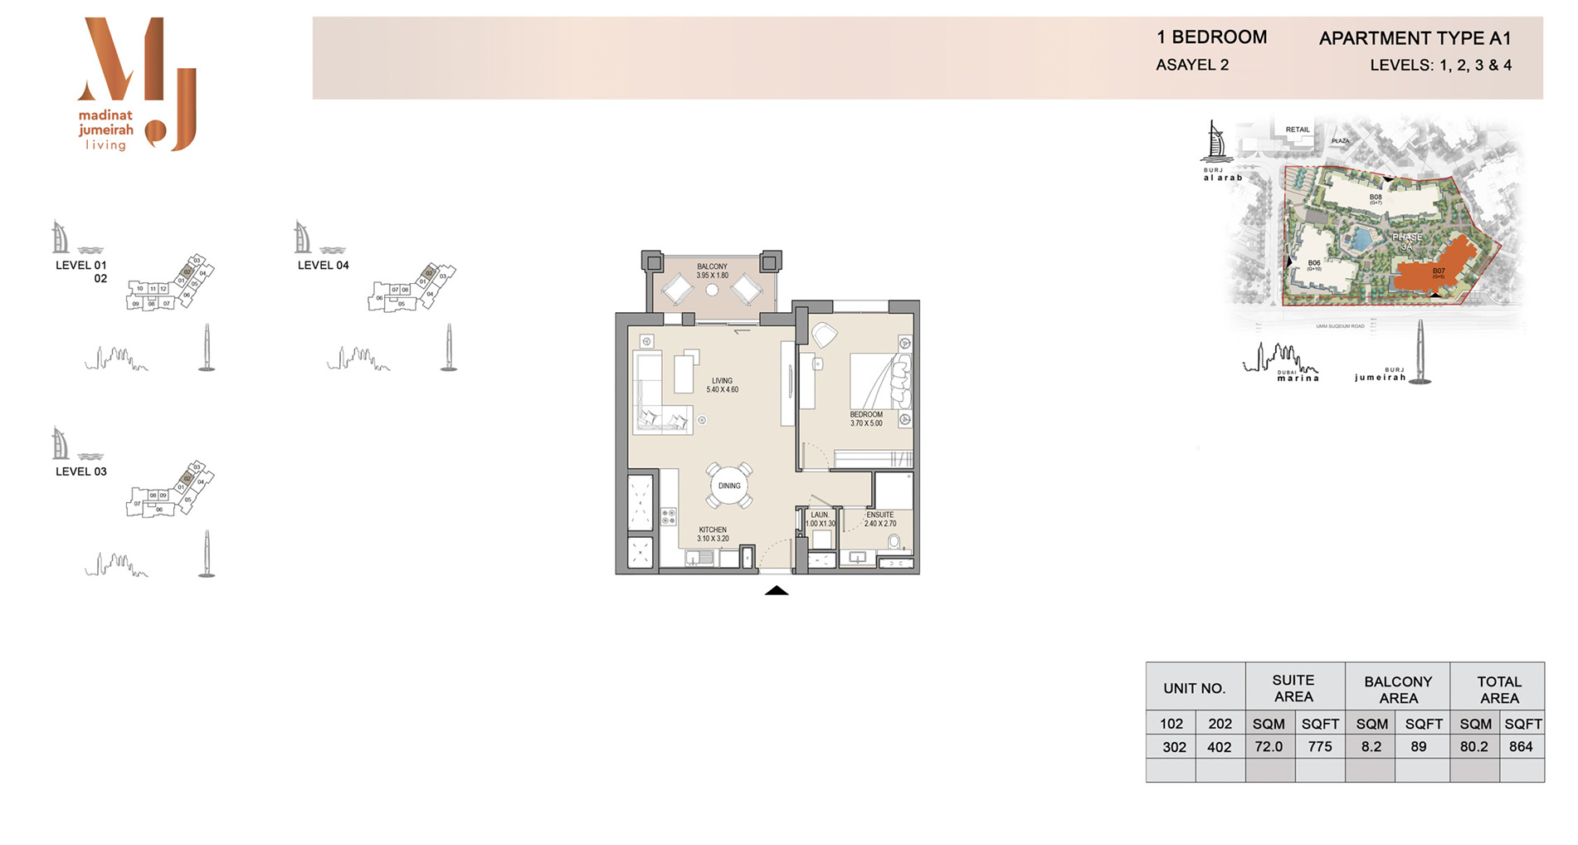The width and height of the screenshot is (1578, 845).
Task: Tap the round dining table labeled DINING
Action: pyautogui.click(x=729, y=486)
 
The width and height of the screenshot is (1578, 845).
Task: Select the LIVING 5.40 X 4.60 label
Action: pyautogui.click(x=722, y=385)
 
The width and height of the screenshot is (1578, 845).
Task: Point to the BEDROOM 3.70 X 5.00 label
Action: pyautogui.click(x=866, y=419)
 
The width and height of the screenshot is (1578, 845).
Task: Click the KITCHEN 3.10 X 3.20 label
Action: pyautogui.click(x=713, y=534)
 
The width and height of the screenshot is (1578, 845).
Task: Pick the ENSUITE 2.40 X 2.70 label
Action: pyautogui.click(x=879, y=519)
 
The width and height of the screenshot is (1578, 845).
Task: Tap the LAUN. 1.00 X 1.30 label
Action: pyautogui.click(x=820, y=519)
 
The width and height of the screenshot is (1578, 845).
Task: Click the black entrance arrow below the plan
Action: pyautogui.click(x=777, y=591)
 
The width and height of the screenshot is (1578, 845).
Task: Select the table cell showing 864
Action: pyautogui.click(x=1521, y=746)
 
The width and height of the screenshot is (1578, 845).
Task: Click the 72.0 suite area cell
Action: pyautogui.click(x=1269, y=746)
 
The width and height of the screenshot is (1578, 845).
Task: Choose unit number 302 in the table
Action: pyautogui.click(x=1173, y=747)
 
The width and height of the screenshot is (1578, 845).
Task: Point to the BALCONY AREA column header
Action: pyautogui.click(x=1398, y=689)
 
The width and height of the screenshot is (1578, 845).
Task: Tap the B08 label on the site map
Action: pyautogui.click(x=1376, y=198)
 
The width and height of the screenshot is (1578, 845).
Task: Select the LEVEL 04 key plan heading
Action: pyautogui.click(x=323, y=266)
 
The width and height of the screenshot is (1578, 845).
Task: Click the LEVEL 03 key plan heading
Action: pyautogui.click(x=80, y=471)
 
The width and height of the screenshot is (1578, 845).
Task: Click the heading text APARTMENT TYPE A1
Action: pyautogui.click(x=1415, y=38)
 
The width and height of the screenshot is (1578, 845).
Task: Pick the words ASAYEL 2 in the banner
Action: pyautogui.click(x=1191, y=65)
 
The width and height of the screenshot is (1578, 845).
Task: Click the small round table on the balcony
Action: pyautogui.click(x=712, y=290)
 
